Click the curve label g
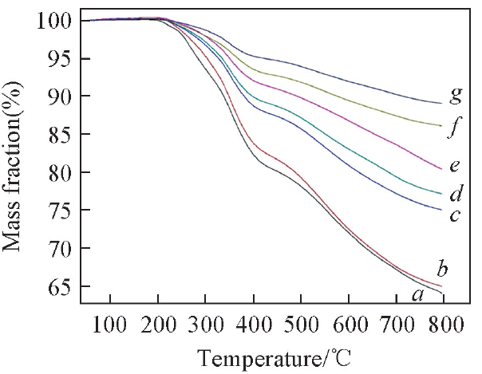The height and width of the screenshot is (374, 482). tap(456, 96)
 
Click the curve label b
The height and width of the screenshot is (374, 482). tap(438, 267)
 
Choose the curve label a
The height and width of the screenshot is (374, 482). tap(415, 295)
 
